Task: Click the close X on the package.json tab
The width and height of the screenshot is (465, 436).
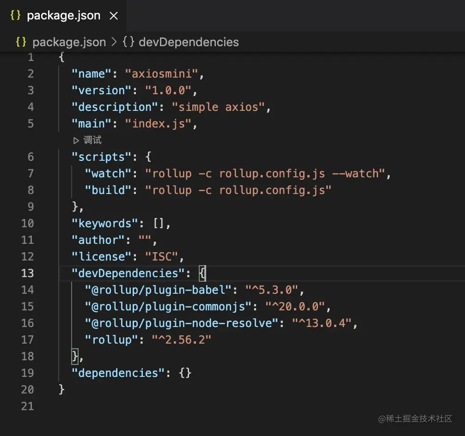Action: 113,16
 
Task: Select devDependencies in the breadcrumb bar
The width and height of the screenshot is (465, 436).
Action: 189,42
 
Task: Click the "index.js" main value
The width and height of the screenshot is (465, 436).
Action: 158,123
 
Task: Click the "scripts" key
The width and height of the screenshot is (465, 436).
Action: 102,157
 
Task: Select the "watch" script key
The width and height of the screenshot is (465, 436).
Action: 108,173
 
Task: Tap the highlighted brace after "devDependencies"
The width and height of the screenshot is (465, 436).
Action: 202,273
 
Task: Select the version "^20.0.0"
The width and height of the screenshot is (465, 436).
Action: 295,306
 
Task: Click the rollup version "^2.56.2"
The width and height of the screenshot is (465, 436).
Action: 182,339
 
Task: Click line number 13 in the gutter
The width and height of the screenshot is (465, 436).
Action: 28,273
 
